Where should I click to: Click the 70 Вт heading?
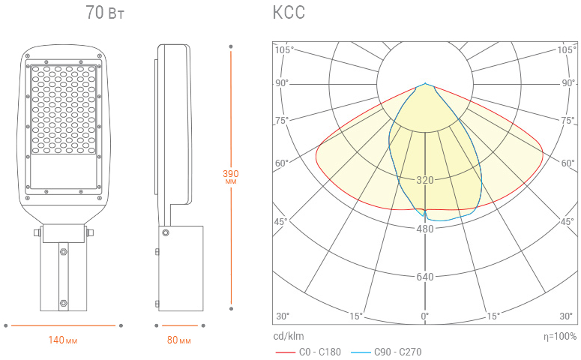click(x=105, y=12)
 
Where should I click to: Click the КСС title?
click(x=289, y=12)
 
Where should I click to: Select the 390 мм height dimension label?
click(x=230, y=176)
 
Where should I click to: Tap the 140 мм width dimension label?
click(x=63, y=340)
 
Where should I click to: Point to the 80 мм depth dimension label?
click(x=179, y=340)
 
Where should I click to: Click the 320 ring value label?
click(x=424, y=180)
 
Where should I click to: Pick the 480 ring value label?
click(x=424, y=229)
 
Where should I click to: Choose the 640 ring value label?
click(x=424, y=277)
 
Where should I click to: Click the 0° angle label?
click(x=424, y=316)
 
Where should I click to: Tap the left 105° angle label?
click(x=284, y=49)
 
